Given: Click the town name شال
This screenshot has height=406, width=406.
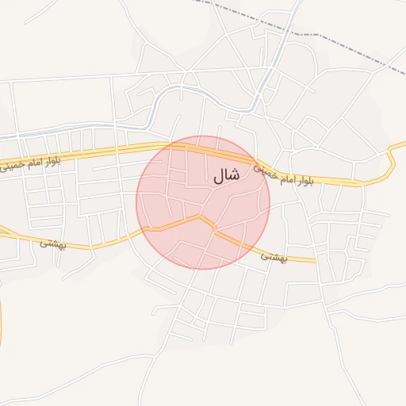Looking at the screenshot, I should (x=226, y=178).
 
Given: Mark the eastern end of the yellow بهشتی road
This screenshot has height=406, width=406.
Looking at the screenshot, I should (x=315, y=259).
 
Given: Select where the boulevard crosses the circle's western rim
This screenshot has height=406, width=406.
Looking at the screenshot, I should (x=151, y=147).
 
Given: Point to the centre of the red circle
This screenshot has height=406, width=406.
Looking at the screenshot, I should (x=203, y=202).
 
